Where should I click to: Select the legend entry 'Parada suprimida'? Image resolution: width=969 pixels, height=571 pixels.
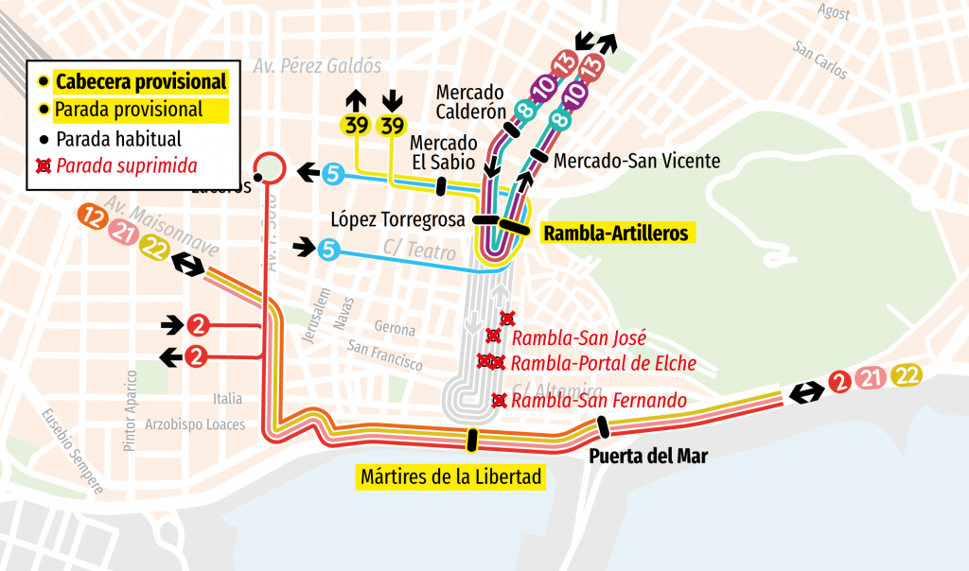click(126, 166)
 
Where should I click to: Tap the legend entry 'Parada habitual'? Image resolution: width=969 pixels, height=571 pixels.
click(117, 139)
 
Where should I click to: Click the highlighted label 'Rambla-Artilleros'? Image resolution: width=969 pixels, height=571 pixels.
click(616, 233)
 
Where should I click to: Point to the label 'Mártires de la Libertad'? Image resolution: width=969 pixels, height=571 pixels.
click(451, 476)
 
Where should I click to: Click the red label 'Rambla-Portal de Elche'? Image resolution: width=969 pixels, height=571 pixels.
click(604, 363)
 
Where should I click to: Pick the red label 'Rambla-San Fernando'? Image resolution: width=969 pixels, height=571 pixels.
click(599, 401)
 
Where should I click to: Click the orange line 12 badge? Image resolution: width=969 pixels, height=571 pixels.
click(93, 216)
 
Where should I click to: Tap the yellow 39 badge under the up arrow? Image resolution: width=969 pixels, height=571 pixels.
click(356, 125)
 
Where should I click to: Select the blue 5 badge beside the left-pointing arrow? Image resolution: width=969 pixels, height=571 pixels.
click(333, 173)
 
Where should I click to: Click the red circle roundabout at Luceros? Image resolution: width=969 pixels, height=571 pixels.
click(271, 167)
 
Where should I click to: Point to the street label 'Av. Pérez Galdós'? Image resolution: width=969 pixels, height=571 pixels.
click(317, 66)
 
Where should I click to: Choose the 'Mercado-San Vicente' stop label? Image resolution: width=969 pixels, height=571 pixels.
click(637, 161)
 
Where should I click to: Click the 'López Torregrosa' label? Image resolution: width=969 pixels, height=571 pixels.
click(397, 220)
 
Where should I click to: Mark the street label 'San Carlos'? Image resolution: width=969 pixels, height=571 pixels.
click(820, 59)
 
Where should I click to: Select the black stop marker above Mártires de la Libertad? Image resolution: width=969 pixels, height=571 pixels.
click(471, 440)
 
